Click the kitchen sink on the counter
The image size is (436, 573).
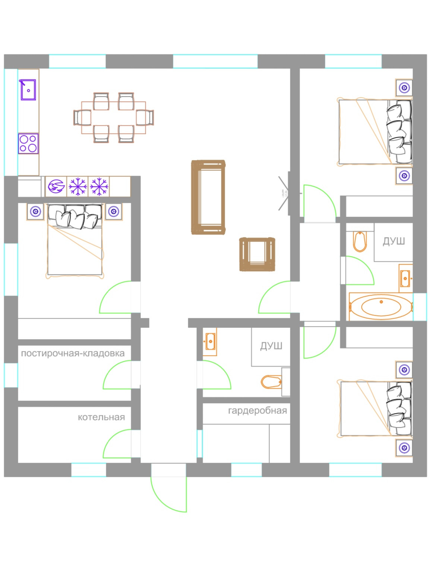pos(28,90)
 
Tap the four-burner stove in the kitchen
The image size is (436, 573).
pos(28,144)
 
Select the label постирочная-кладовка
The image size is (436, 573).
pos(73,353)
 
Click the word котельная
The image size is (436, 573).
pos(101,417)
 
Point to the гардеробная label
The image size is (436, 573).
pos(258,411)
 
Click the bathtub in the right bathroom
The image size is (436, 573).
pos(381,307)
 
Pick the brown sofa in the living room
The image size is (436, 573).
pos(208,197)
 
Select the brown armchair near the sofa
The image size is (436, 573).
pos(257,254)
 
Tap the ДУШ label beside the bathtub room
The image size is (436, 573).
pos(394,241)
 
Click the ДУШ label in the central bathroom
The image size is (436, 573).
pos(271,346)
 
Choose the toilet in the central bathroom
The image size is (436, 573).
pos(271,382)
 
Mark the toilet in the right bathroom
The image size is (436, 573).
pos(360,241)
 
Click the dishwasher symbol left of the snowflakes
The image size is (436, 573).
pos(56,186)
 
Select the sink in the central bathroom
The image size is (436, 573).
pos(210,341)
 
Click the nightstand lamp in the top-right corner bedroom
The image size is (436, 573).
pos(404,88)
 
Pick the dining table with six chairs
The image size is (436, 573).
pos(114,118)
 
